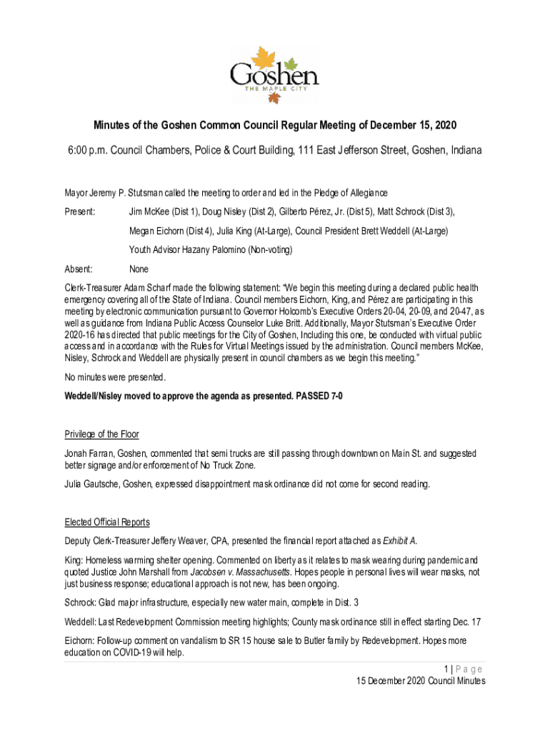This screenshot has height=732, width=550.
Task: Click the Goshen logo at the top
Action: pos(274,74)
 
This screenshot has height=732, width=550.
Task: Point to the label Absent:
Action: pos(79,269)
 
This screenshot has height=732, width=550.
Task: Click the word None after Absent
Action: pos(139,269)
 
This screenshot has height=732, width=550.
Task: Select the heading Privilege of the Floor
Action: pos(101,434)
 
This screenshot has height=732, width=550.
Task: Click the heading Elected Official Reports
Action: pos(106,521)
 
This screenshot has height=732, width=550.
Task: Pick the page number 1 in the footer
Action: pos(446,669)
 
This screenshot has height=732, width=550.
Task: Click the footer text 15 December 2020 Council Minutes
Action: pos(421,681)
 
